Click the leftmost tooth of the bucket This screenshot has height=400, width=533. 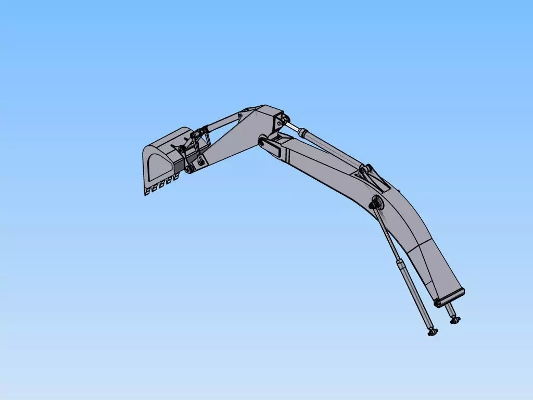click(147, 192)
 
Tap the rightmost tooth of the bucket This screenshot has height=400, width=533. click(175, 179)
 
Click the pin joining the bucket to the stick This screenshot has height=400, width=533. click(188, 170)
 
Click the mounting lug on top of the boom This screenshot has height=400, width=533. click(370, 174)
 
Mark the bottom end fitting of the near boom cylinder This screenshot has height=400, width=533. click(432, 331)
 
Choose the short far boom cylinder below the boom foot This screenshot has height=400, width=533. click(450, 312)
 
